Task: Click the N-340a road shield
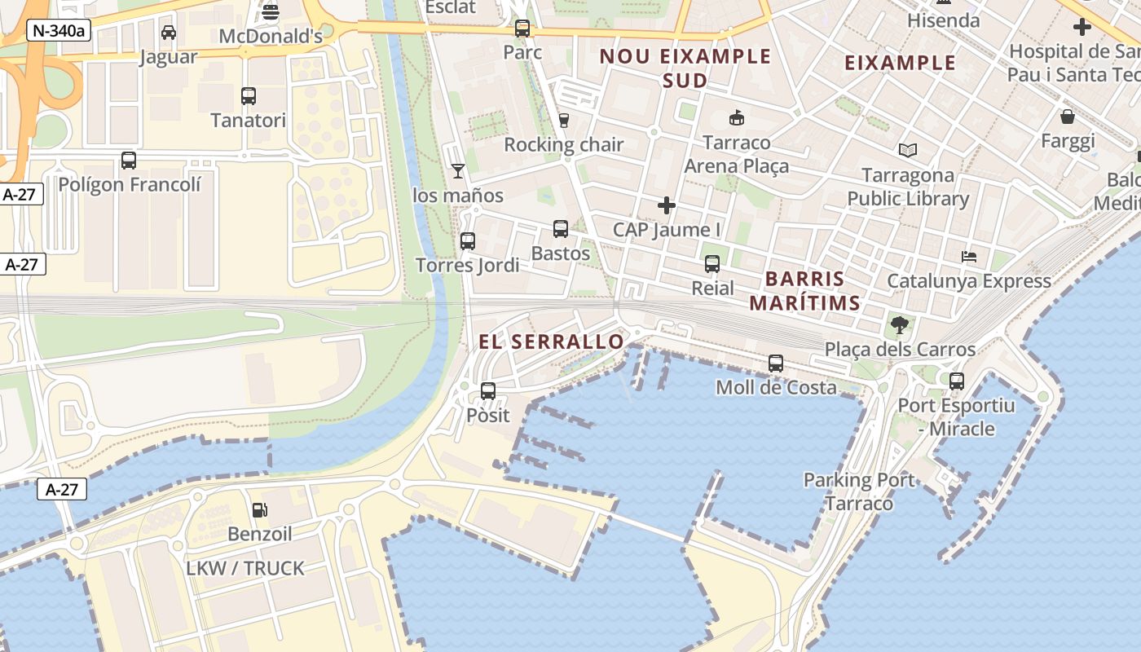59,31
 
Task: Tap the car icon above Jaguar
169,33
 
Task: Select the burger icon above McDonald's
271,12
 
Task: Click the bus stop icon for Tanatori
249,96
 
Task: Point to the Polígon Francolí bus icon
129,160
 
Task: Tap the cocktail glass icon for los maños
458,170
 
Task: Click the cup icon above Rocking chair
563,121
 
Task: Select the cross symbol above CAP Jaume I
667,205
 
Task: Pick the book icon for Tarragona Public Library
908,151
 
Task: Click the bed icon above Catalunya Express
969,257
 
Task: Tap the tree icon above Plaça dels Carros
900,325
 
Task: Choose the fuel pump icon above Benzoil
260,510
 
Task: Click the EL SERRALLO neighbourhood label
551,341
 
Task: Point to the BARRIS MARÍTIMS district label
804,291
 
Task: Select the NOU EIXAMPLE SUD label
685,68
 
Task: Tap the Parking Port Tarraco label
859,491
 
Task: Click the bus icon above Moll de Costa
776,363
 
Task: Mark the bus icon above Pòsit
488,391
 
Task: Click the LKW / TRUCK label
245,568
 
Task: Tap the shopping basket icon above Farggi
1068,117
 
